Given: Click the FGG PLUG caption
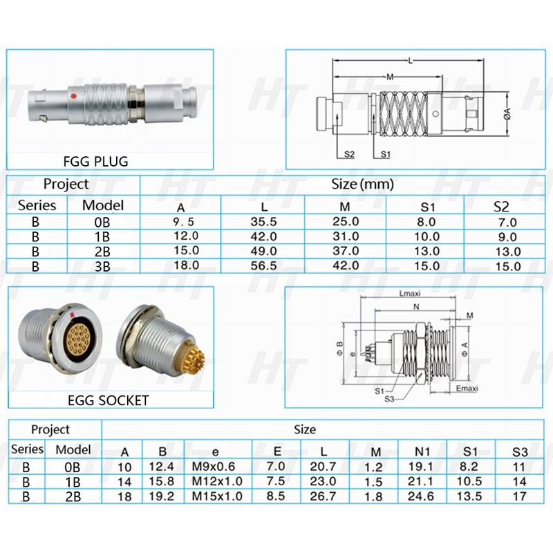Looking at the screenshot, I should (x=95, y=161).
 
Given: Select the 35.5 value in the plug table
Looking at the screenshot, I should (x=263, y=222).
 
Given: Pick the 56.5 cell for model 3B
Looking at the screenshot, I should (x=263, y=265).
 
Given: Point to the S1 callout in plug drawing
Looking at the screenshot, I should (x=385, y=155).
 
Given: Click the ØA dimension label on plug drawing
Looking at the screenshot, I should (x=509, y=111).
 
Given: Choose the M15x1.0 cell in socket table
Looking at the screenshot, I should (x=218, y=496).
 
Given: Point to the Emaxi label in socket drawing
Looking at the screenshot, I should (x=467, y=388).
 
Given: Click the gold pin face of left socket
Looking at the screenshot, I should (x=82, y=341).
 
